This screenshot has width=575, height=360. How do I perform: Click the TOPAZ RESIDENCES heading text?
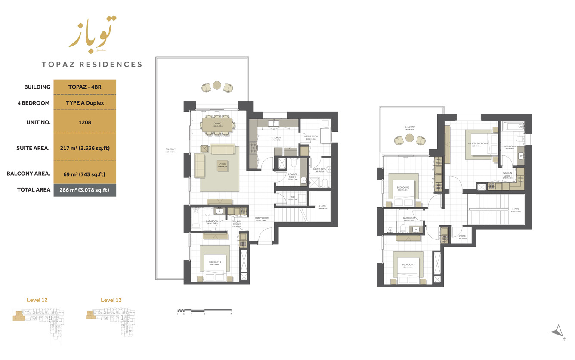coord(92,65)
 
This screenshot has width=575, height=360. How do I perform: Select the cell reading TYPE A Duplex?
coord(85,103)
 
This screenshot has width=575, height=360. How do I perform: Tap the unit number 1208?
coord(85,122)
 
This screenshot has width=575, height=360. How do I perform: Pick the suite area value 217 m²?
coord(85,148)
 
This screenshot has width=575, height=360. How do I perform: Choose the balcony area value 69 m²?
coord(85,174)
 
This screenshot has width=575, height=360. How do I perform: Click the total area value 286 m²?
coord(85,189)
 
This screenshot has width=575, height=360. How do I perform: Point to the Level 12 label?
coord(37,300)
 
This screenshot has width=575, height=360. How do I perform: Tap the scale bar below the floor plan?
coord(204,310)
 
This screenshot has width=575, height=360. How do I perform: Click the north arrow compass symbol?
coord(558,332)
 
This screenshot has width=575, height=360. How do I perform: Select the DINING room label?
coord(217,124)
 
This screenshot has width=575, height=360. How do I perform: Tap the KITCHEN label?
coord(276,138)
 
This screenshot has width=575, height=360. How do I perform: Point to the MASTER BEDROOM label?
coord(479,143)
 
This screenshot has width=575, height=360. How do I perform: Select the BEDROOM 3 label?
coord(408,264)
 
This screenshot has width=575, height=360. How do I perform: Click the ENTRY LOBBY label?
coord(261,218)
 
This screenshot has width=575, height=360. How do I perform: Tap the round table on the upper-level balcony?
coord(409,138)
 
